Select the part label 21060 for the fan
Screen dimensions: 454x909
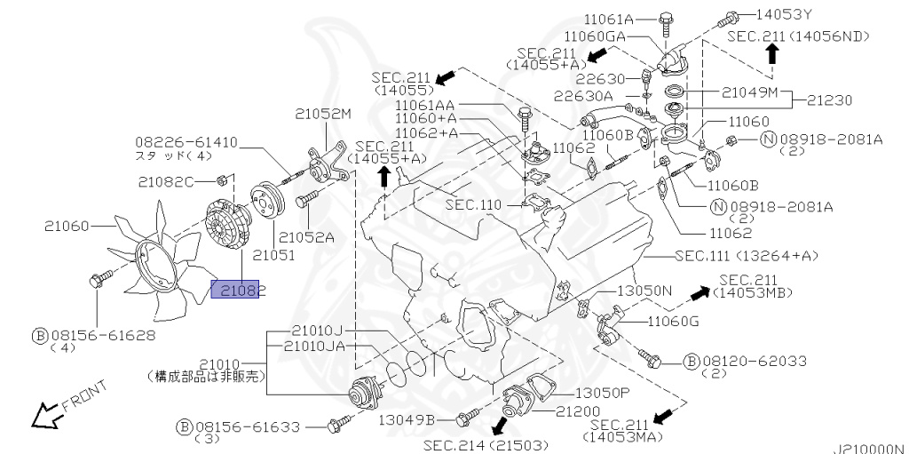pos(67,227)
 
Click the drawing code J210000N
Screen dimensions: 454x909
pos(868,448)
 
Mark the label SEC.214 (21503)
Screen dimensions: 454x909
pos(486,443)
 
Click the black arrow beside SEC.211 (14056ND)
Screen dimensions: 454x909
pos(772,53)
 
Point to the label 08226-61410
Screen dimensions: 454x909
pos(187,141)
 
